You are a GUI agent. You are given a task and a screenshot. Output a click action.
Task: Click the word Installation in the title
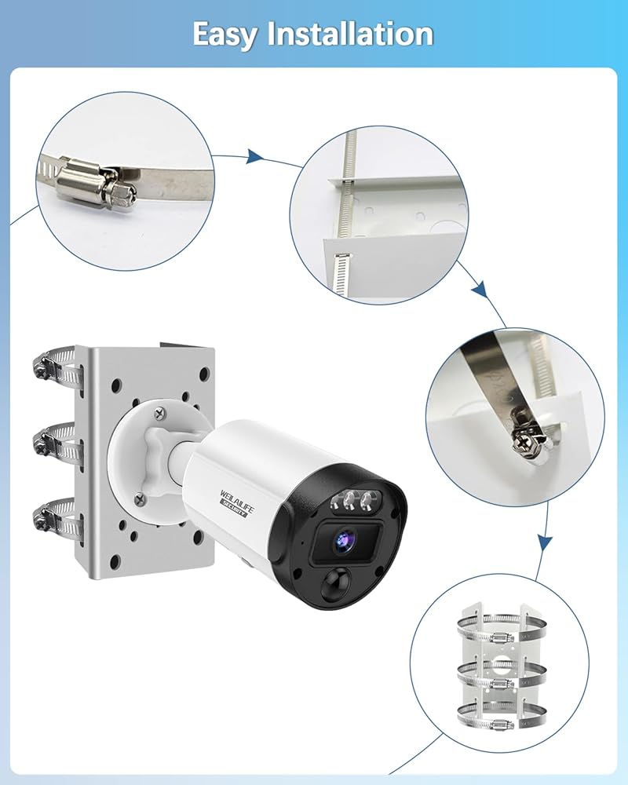(350, 34)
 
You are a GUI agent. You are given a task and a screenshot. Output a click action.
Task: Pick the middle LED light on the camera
(349, 499)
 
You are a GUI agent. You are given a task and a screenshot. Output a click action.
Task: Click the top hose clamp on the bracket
(56, 368)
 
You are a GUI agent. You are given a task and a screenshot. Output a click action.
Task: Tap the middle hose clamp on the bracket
(56, 442)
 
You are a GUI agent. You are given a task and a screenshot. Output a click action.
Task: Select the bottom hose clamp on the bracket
(56, 519)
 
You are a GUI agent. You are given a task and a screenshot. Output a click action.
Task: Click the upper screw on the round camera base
(160, 413)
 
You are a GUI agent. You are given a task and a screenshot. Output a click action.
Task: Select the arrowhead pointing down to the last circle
(545, 542)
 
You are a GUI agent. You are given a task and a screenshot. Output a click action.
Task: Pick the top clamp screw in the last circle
(502, 637)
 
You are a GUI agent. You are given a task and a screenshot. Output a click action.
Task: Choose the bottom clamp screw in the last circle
(502, 724)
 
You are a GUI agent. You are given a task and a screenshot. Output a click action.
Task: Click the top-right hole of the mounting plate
(203, 374)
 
